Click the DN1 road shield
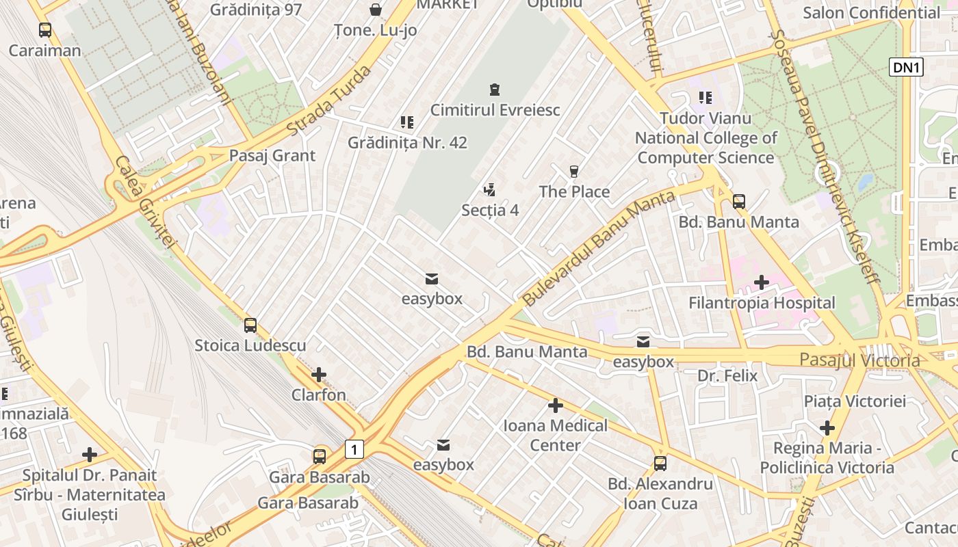[x=907, y=67]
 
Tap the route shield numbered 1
[x=354, y=449]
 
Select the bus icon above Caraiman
[x=45, y=30]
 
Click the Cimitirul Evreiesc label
[x=495, y=110]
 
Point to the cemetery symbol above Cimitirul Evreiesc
[x=494, y=90]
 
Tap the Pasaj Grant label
[x=272, y=155]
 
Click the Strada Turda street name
[x=328, y=101]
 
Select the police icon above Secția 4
[x=489, y=189]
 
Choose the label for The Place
[x=574, y=191]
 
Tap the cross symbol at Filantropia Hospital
[x=762, y=282]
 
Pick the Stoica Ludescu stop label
[x=250, y=345]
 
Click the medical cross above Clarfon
[x=319, y=375]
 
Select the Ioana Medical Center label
[x=555, y=436]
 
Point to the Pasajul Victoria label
[x=859, y=360]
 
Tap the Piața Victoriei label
[x=855, y=401]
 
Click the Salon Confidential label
[x=871, y=12]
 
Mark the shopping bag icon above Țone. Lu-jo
[x=376, y=10]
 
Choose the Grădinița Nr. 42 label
[x=407, y=143]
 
